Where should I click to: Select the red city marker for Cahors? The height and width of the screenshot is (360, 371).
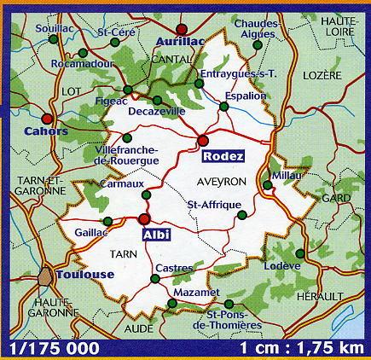point(48,119)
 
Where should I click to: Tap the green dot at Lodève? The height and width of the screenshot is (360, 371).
point(300,253)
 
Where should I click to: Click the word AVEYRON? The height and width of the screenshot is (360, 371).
point(222,182)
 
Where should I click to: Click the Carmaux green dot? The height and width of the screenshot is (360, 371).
point(145,196)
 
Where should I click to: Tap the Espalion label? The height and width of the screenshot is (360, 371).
point(244,96)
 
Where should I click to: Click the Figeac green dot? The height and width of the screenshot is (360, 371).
point(127,90)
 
